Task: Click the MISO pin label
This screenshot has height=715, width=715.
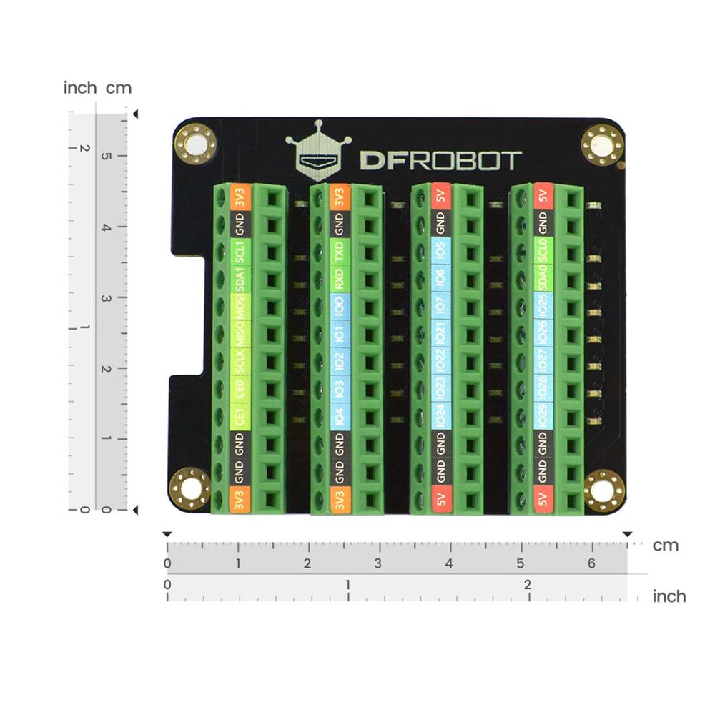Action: coord(241,333)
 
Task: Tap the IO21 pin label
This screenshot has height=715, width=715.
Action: coord(441,333)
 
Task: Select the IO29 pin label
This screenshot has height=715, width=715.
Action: coord(543,416)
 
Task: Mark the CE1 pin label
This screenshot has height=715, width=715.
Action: coord(241,416)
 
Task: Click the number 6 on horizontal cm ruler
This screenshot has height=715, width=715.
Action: coord(591,563)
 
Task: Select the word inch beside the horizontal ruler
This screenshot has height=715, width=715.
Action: coord(669,596)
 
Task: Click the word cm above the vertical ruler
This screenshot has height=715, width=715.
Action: coord(119,88)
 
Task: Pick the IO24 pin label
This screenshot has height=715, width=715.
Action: coord(441,416)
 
